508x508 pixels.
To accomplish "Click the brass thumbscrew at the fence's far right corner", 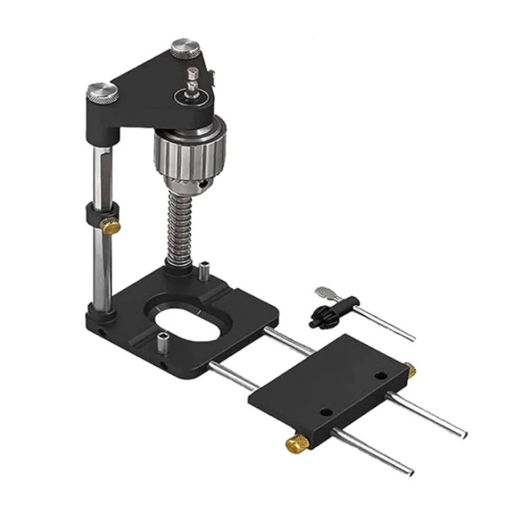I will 411,370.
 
